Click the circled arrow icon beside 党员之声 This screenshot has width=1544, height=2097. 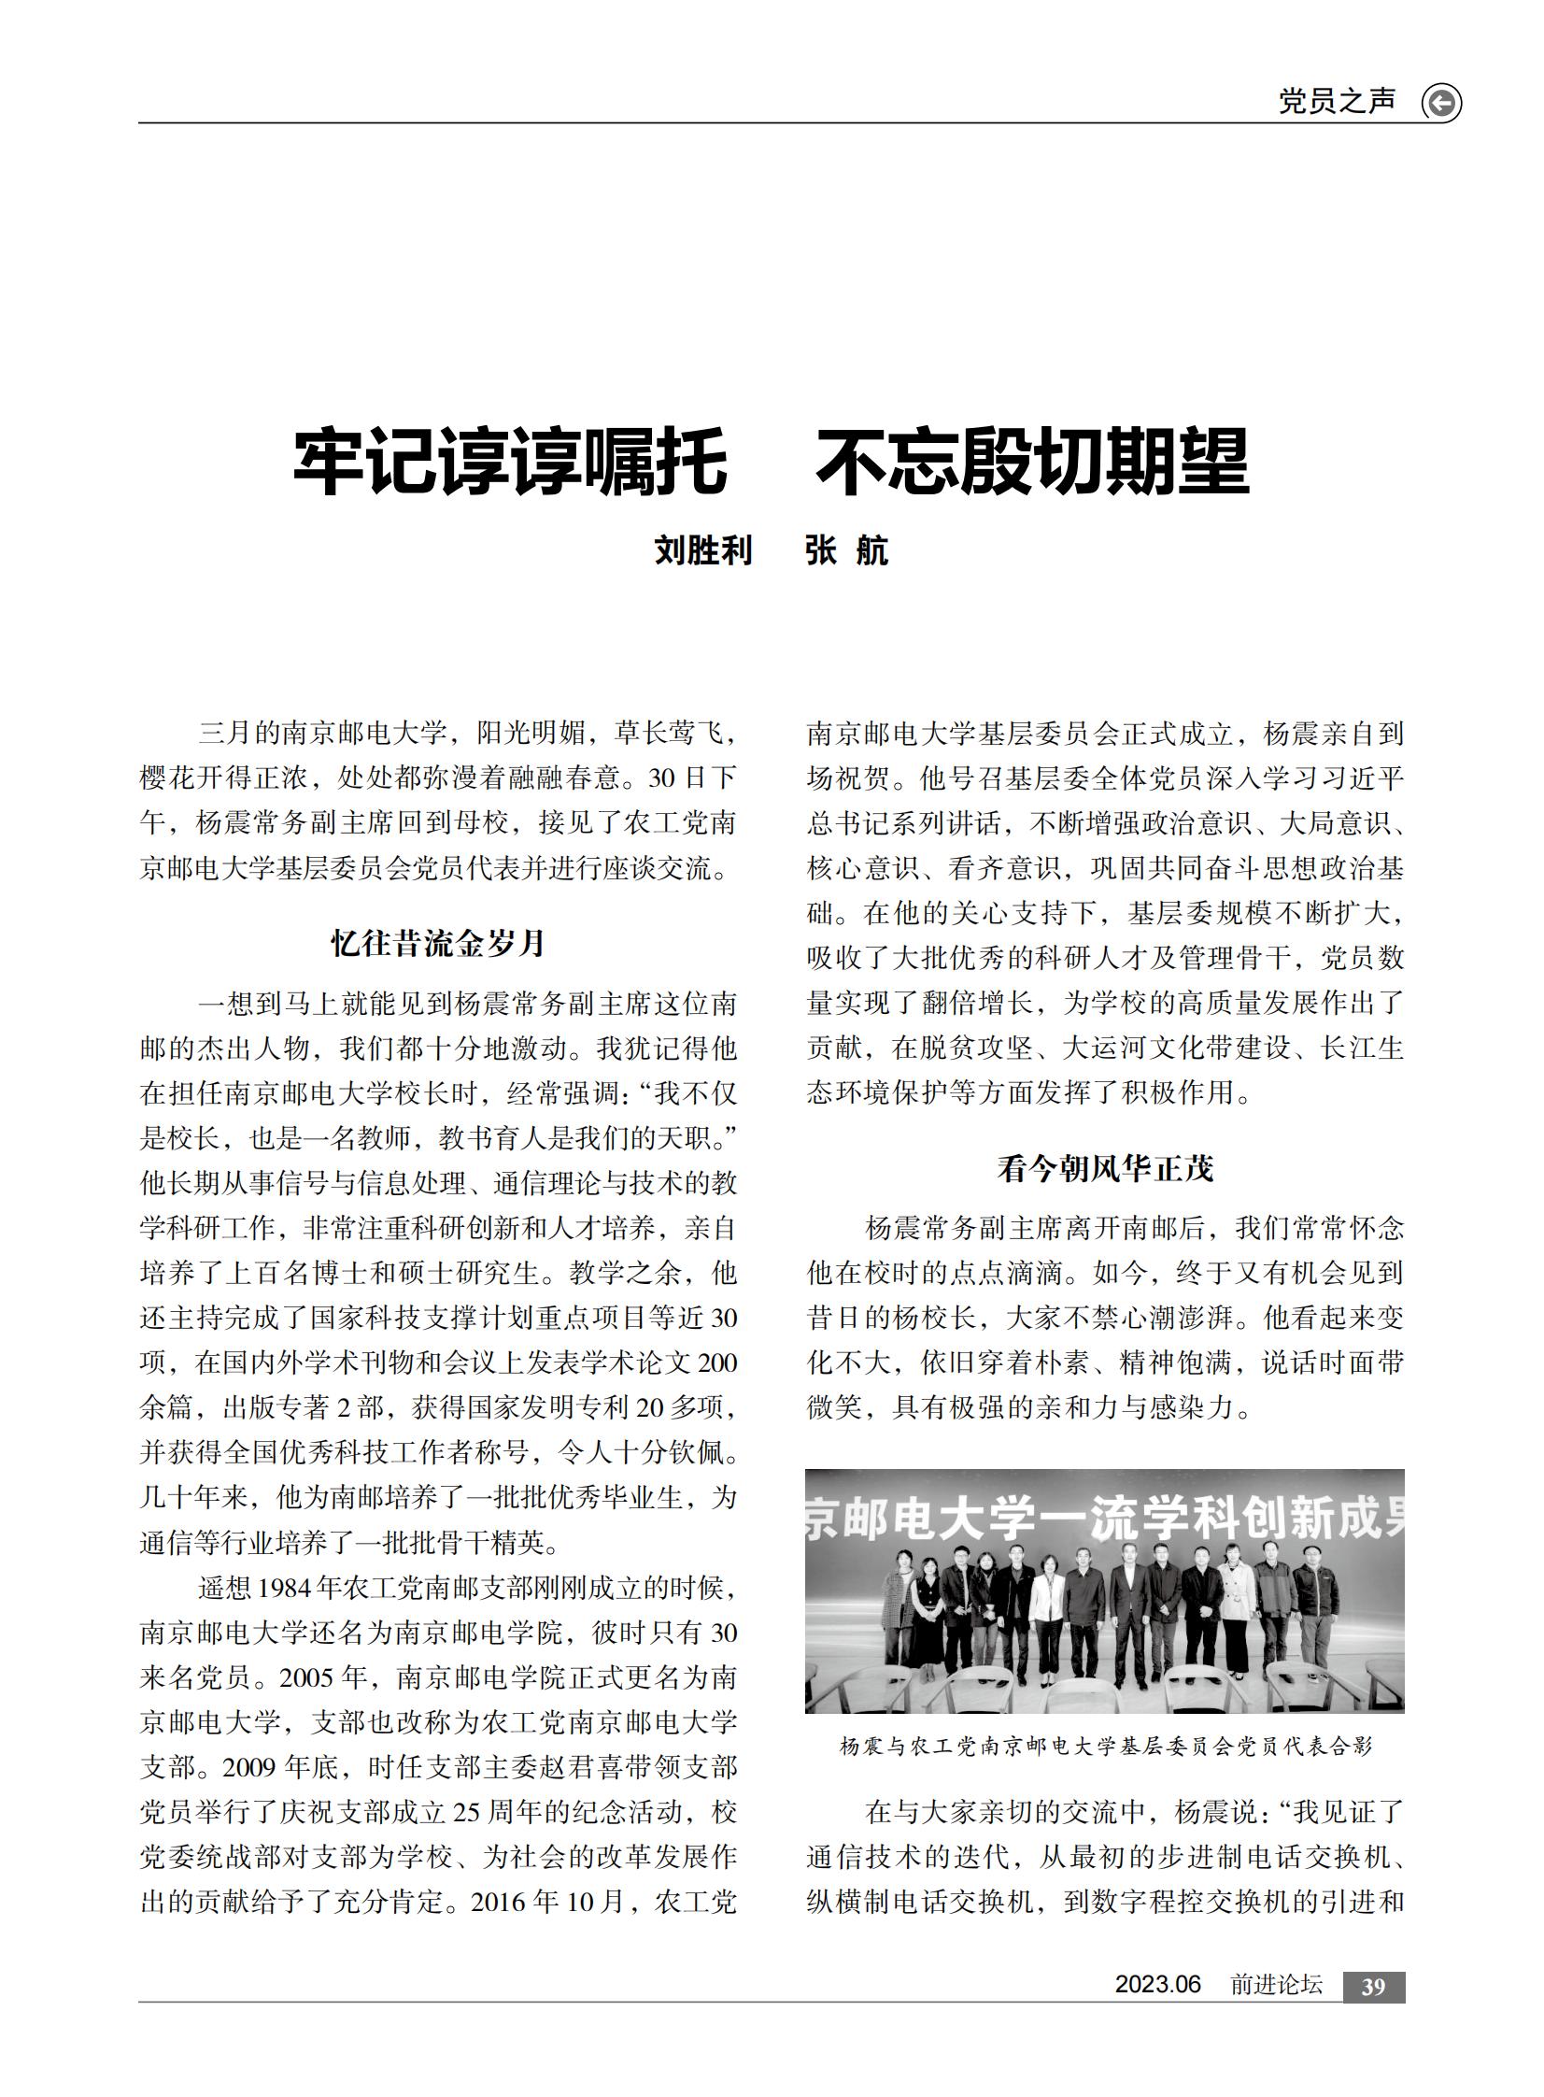point(1440,103)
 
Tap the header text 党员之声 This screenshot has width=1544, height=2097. point(1337,101)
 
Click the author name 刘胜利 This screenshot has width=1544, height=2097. point(702,550)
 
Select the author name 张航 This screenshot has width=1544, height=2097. point(847,550)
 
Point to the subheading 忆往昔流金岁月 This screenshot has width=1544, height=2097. point(438,943)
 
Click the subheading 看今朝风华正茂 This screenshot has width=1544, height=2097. point(1105,1169)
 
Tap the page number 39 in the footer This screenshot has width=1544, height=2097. point(1373,1987)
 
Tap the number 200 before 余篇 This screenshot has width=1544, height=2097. point(716,1363)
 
